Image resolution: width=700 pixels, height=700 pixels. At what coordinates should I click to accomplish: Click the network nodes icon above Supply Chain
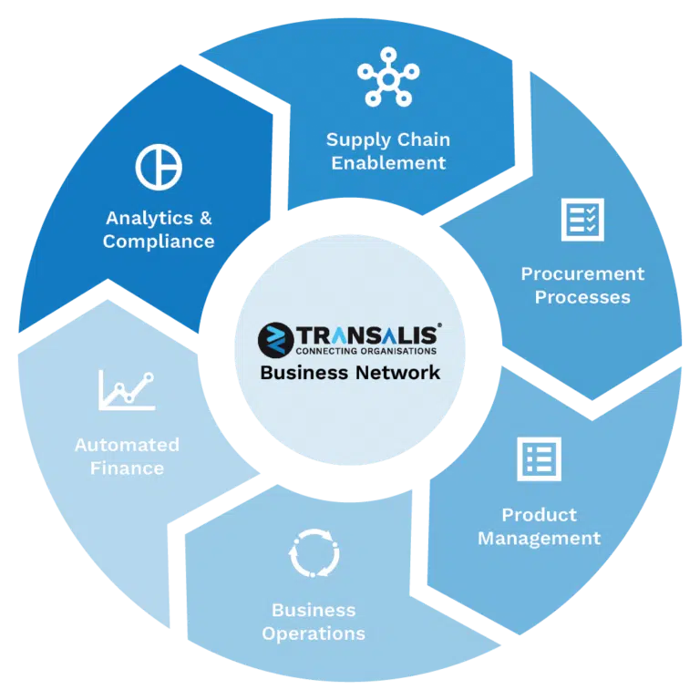tap(388, 77)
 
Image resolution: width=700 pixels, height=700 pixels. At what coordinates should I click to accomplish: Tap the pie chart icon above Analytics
tap(159, 167)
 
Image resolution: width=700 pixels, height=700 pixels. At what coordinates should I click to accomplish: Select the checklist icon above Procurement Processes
tap(582, 220)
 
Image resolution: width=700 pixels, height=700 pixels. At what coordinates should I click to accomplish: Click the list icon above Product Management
tap(539, 459)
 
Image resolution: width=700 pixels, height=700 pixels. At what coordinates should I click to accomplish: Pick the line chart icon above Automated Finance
tap(127, 390)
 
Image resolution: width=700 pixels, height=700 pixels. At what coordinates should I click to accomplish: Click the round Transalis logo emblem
tap(276, 340)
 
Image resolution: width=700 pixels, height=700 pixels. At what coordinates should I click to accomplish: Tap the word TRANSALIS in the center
tap(368, 335)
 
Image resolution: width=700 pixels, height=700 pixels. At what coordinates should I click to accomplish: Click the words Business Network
tap(350, 373)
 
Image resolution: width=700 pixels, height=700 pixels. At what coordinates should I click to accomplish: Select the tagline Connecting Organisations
tap(366, 351)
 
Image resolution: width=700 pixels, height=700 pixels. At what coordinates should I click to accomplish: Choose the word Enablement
tap(388, 163)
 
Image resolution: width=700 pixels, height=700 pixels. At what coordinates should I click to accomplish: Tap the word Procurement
tap(582, 274)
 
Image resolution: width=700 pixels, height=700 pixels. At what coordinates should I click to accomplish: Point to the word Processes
tap(582, 297)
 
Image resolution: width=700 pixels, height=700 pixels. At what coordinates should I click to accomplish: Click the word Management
tap(540, 539)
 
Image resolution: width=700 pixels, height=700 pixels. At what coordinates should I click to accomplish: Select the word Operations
tap(314, 634)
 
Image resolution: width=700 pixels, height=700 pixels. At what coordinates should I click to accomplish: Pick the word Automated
tap(128, 445)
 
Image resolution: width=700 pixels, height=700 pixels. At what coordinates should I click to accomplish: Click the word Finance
tap(128, 468)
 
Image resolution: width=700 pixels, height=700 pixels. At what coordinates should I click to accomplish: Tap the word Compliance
tap(159, 242)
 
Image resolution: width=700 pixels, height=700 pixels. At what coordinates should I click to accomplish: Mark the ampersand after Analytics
tap(205, 219)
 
